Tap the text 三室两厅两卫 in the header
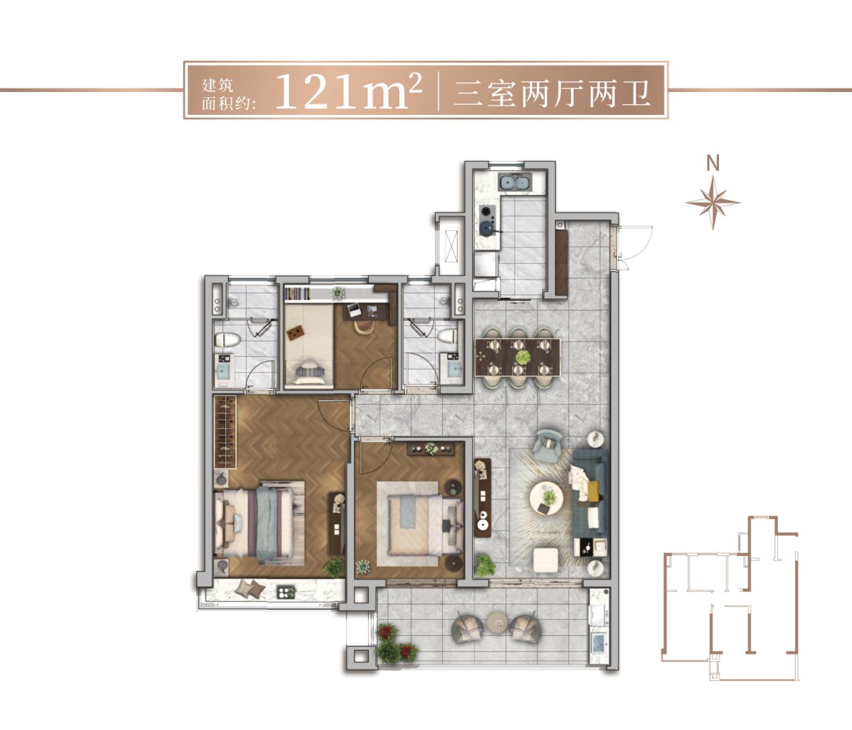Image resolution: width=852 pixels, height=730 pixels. click(x=552, y=93)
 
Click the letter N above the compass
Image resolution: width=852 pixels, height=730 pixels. click(x=713, y=163)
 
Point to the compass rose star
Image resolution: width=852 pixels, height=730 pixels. click(x=713, y=201)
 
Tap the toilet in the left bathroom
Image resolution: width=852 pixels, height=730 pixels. click(x=226, y=339)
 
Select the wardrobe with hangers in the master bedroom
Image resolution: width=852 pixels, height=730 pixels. click(x=224, y=432)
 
